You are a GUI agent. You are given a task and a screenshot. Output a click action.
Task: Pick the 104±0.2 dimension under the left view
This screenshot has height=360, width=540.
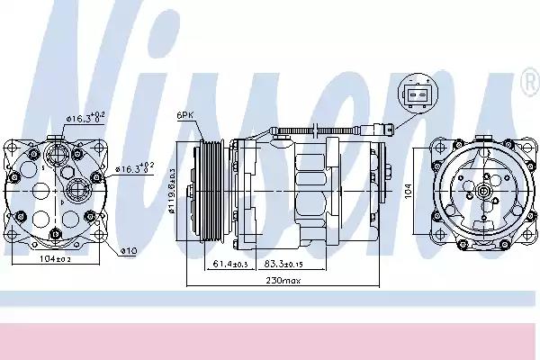coord(57,259)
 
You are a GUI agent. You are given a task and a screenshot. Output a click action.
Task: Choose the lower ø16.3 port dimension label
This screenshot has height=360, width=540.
coord(136,167)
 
